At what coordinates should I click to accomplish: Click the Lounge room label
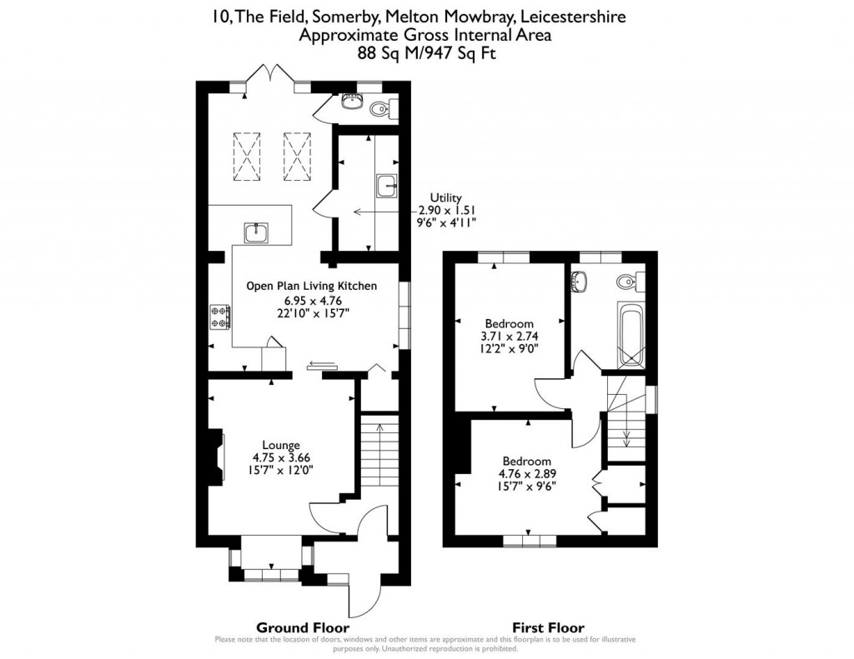pos(281,445)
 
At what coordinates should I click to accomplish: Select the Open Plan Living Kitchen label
pos(311,286)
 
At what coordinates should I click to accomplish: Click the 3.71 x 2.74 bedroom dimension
pos(509,337)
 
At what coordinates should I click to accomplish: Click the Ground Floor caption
pos(302,627)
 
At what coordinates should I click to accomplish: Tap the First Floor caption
pos(550,627)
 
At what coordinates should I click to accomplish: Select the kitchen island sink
pos(256,232)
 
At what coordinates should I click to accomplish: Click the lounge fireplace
pos(216,457)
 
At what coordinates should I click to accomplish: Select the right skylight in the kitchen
pos(296,156)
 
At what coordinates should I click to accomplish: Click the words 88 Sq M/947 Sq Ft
pos(426,52)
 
